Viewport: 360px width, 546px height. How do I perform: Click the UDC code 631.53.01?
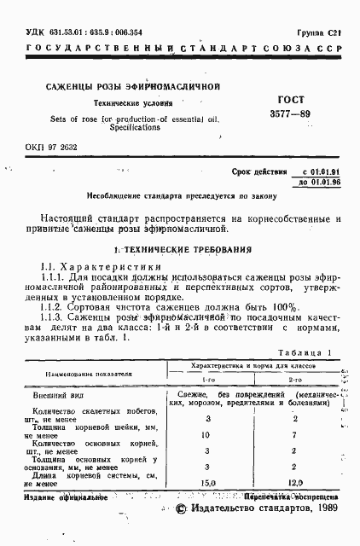coord(53,32)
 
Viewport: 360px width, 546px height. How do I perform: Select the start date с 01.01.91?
coord(316,171)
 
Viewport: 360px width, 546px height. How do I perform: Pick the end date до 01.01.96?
coord(316,183)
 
